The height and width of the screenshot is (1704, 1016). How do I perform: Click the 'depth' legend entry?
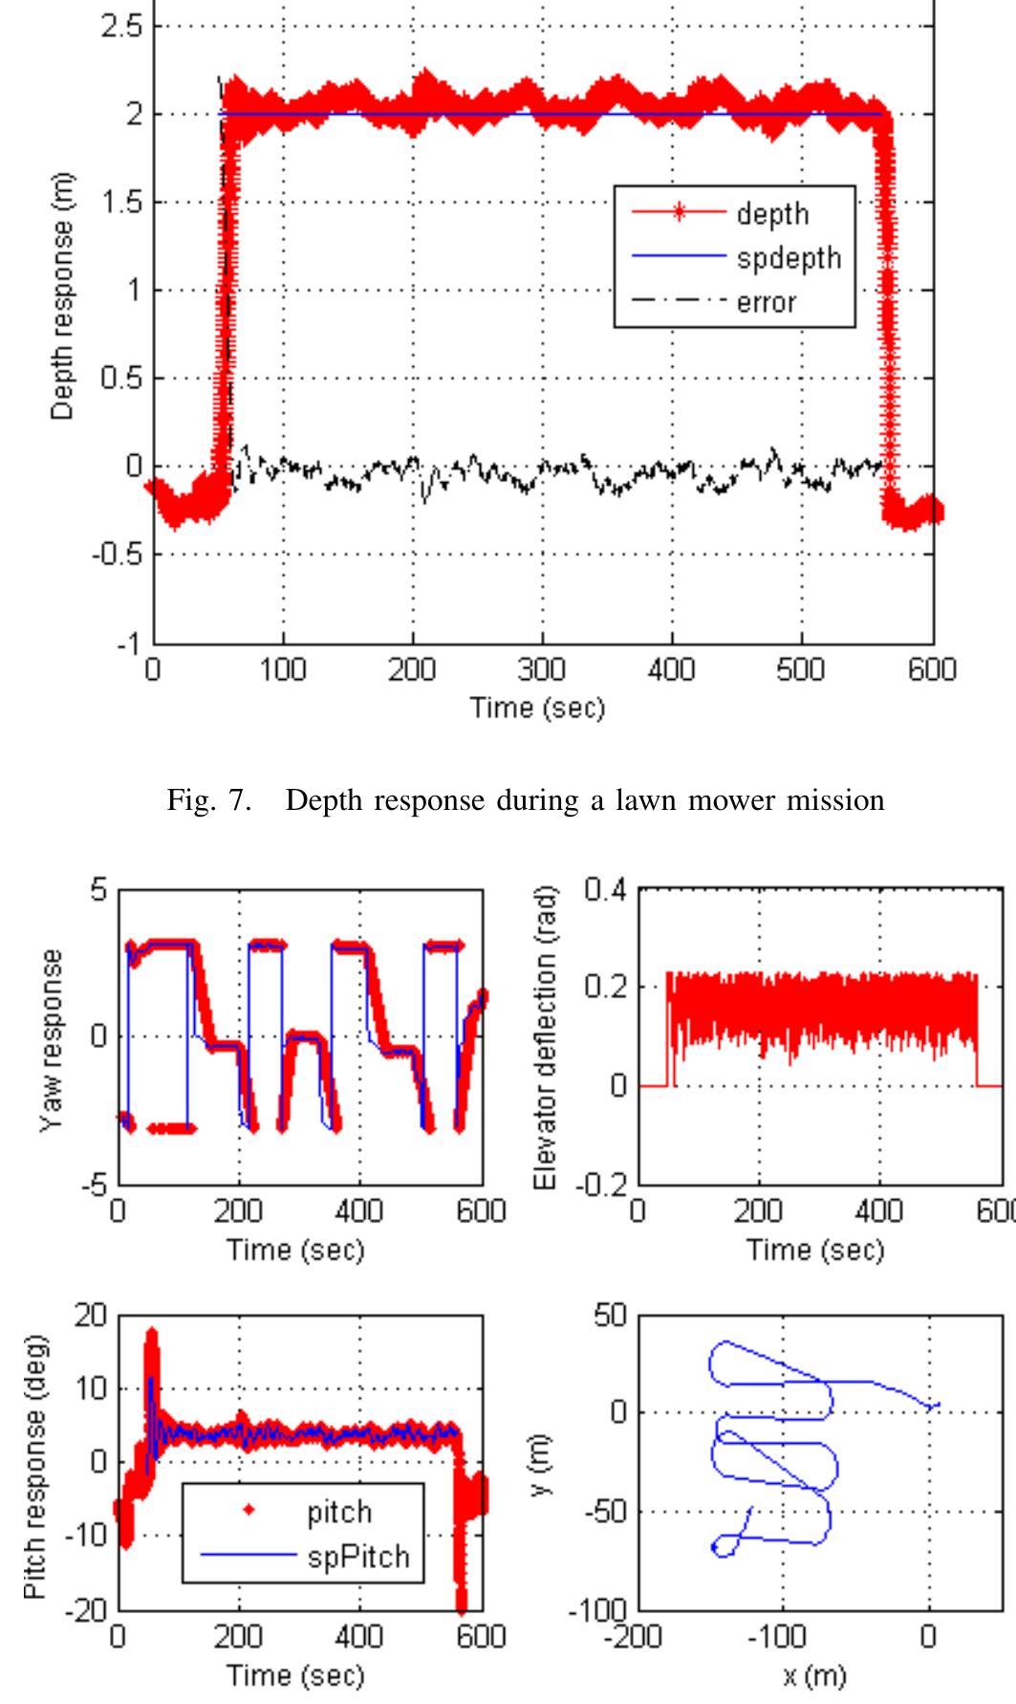772,214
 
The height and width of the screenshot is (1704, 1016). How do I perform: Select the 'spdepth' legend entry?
789,258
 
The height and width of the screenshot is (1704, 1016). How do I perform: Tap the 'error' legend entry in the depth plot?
766,302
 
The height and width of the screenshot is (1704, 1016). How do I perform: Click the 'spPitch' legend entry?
357,1557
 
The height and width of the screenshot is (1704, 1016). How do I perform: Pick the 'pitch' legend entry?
339,1512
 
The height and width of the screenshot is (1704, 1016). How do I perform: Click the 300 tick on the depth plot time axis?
542,669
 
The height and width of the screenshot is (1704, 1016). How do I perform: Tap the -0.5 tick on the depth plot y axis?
116,555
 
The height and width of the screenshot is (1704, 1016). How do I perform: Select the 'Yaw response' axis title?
52,1039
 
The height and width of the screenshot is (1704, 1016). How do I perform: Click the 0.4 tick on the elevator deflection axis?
604,890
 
